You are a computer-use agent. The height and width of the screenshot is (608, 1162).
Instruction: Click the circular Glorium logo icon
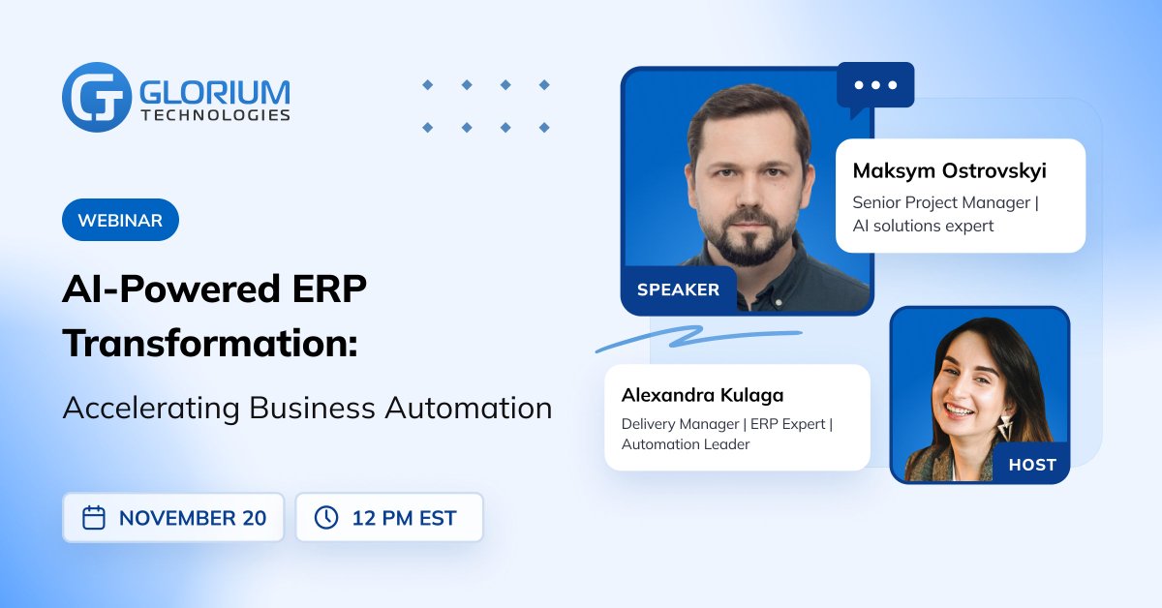96,97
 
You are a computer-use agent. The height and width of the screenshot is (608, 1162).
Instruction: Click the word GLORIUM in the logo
215,91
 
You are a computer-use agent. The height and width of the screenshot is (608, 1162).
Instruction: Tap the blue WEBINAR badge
120,220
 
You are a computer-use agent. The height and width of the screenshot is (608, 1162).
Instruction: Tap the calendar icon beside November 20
94,518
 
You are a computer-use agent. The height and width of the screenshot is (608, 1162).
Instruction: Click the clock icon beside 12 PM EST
326,518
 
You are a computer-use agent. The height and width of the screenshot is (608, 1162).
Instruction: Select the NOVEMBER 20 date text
192,518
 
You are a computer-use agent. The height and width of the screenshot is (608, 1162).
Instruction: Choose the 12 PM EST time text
404,518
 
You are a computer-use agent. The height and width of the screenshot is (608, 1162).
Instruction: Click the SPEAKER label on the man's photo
678,289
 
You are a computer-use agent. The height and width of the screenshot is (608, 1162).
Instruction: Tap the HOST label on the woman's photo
1032,465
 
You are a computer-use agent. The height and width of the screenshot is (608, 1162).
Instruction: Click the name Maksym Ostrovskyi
949,171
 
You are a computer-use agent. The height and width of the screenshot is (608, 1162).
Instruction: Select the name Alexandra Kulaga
702,395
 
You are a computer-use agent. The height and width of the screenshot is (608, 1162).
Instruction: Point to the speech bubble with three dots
875,87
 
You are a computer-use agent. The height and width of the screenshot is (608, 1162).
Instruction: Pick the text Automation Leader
686,444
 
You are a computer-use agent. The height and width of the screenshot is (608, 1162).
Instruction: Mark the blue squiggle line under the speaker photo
697,337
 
